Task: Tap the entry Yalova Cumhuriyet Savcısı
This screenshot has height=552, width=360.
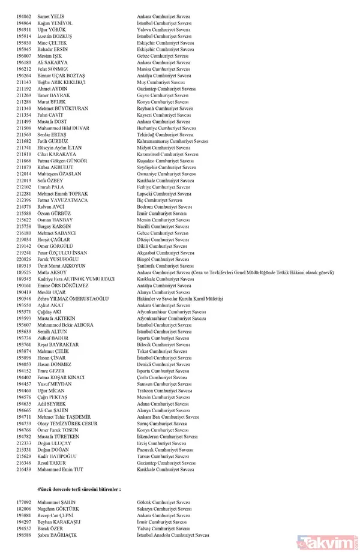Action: [x=164, y=29]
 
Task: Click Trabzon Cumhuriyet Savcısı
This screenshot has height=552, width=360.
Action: [x=164, y=390]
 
